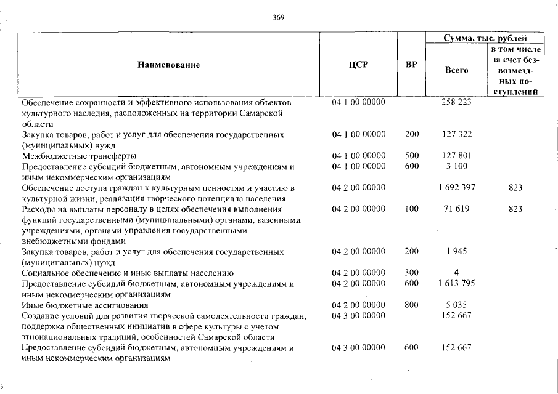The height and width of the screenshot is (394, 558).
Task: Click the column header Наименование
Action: pyautogui.click(x=169, y=65)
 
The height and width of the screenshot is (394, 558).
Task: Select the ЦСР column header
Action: pyautogui.click(x=358, y=65)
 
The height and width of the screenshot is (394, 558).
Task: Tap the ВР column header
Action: pyautogui.click(x=411, y=65)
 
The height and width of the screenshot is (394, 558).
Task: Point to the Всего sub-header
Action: pyautogui.click(x=456, y=70)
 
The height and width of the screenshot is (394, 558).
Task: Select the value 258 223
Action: pyautogui.click(x=456, y=102)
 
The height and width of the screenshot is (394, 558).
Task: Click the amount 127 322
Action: pyautogui.click(x=456, y=134)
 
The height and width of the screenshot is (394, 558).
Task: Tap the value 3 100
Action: pyautogui.click(x=456, y=166)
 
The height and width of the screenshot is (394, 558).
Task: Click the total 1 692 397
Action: pyautogui.click(x=456, y=187)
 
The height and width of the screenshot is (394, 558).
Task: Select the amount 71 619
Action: pyautogui.click(x=456, y=209)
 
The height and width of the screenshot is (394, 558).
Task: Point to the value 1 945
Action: pyautogui.click(x=456, y=251)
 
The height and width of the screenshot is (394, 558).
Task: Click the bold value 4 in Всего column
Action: pyautogui.click(x=456, y=273)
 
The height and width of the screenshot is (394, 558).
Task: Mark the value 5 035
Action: pyautogui.click(x=456, y=305)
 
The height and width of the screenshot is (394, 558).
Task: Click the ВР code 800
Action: pyautogui.click(x=412, y=305)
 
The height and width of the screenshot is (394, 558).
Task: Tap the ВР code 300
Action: pyautogui.click(x=412, y=273)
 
